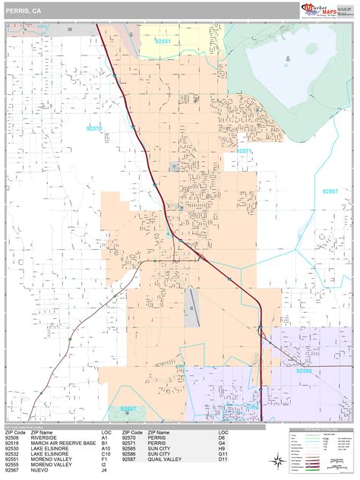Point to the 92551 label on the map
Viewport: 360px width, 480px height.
coord(163,41)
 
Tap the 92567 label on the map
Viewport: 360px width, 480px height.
coord(330,191)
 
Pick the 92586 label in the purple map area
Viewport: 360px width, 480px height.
coord(305,371)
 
